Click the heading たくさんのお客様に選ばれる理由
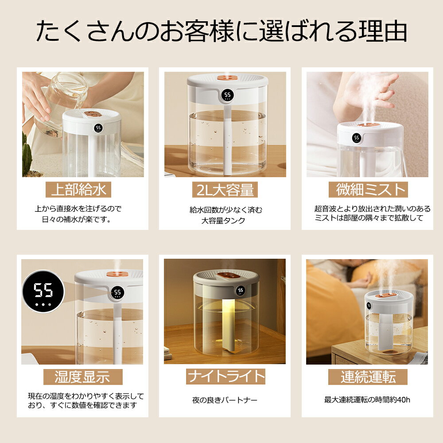pos(221,31)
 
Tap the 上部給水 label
pos(78,190)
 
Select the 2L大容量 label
pos(225,190)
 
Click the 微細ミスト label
pos(368,190)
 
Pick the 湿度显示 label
pos(83,377)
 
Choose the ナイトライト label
pos(225,376)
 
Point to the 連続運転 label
pos(368,377)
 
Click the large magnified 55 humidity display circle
pos(43,291)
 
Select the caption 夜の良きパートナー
pos(225,400)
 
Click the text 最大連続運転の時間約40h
pos(367,400)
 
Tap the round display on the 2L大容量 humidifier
pos(227,95)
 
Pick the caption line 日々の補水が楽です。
pos(76,220)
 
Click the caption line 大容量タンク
pos(223,221)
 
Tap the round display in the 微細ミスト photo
pos(357,138)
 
